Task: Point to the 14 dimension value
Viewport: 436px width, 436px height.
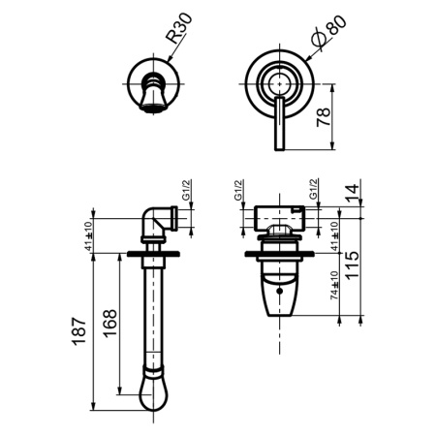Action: (x=351, y=191)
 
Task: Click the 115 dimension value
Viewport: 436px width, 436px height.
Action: (x=352, y=267)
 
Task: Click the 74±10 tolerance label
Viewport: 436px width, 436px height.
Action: (x=333, y=288)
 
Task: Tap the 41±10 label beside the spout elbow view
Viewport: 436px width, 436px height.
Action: (x=88, y=235)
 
